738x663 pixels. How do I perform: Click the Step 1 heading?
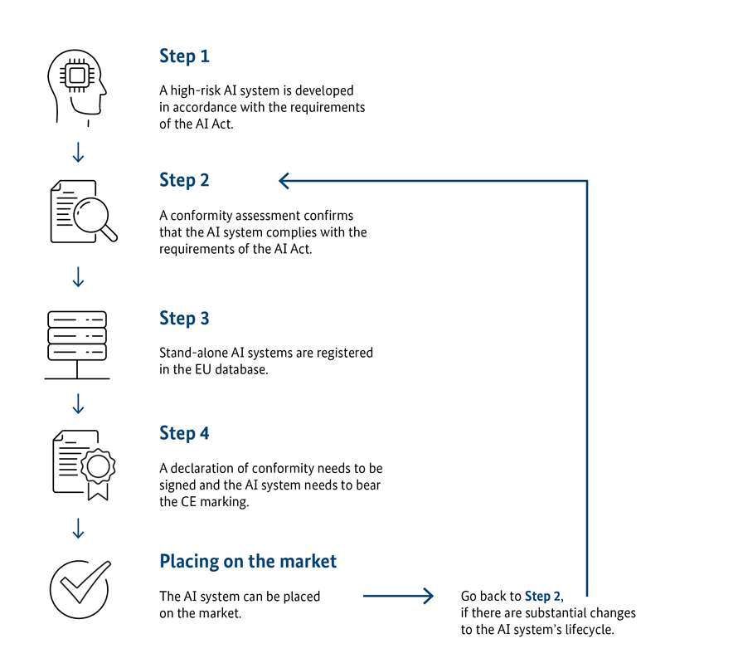tap(184, 56)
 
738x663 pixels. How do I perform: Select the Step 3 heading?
tap(184, 319)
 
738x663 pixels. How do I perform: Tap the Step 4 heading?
tap(184, 434)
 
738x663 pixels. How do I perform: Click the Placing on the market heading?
tap(248, 561)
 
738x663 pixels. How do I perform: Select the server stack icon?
tap(77, 344)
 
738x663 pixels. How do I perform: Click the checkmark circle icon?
tap(80, 589)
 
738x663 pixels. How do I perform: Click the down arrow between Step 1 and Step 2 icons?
tap(78, 153)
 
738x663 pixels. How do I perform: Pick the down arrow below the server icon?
tap(78, 403)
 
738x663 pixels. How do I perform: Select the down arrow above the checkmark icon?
tap(78, 529)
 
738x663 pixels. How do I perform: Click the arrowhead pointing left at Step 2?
tap(284, 181)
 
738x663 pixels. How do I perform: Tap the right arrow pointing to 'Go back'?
tap(398, 596)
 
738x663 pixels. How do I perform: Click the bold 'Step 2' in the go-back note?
tap(542, 596)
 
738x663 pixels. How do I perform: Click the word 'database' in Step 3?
tap(241, 369)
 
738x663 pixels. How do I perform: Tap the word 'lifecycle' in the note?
tap(590, 630)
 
